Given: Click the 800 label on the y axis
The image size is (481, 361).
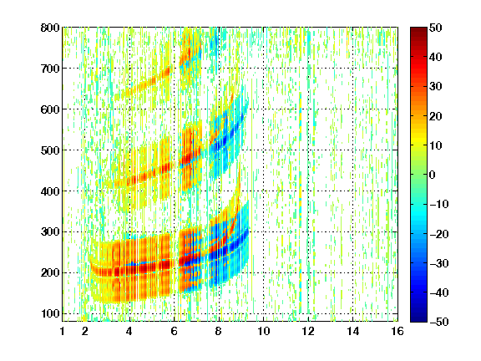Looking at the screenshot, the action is click(x=50, y=28).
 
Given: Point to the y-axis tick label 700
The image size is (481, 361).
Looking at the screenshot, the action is click(x=50, y=69).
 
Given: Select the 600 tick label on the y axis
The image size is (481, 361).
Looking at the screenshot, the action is click(x=50, y=109).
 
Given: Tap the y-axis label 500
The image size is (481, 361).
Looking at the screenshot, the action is click(x=50, y=150).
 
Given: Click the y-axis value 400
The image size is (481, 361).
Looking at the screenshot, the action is click(x=50, y=191).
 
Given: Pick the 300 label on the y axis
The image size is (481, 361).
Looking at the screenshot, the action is click(x=50, y=231).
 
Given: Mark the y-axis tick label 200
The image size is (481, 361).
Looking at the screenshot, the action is click(x=50, y=272).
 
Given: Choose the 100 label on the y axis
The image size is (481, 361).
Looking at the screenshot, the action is click(x=50, y=313).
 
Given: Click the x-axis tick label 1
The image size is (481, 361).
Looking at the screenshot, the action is click(x=63, y=331).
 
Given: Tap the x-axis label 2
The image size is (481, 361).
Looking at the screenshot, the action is click(x=85, y=331).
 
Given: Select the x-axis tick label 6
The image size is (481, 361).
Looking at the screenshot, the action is click(x=174, y=331).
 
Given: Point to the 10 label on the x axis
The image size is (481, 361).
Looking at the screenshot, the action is click(x=263, y=331).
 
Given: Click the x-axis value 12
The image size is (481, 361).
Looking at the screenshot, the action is click(x=308, y=331).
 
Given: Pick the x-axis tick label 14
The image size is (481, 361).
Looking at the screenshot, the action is click(x=352, y=331).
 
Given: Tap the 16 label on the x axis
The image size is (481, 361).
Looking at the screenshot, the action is click(x=397, y=331).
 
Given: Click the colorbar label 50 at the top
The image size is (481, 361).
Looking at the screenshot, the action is click(x=436, y=28).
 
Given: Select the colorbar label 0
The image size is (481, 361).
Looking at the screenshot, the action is click(x=433, y=175).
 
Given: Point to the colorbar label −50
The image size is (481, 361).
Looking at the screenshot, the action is click(x=439, y=322).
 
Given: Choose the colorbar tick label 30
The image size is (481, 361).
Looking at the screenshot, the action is click(x=436, y=87).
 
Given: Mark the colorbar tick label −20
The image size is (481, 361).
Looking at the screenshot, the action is click(x=439, y=234).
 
